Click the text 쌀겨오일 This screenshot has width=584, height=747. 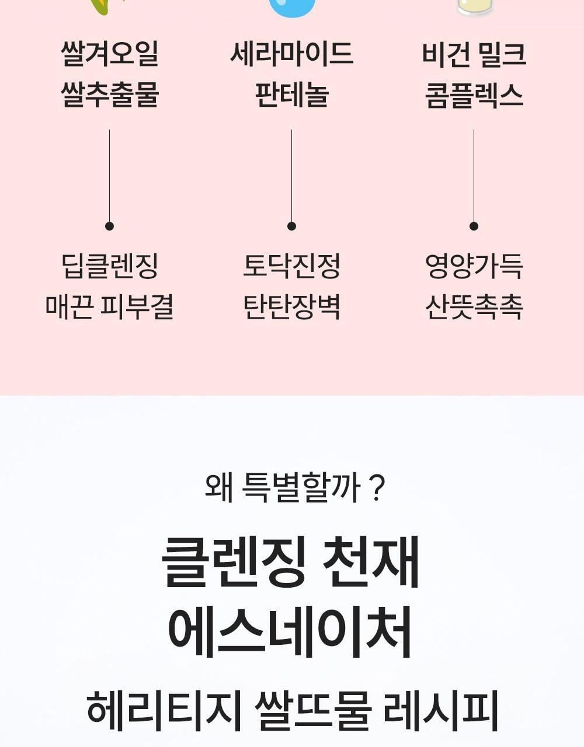tap(109, 54)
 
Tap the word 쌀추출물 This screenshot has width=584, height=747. tap(109, 95)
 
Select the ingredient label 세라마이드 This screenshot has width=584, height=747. tap(291, 54)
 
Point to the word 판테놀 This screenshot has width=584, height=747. tap(291, 95)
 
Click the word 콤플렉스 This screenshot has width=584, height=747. tap(474, 95)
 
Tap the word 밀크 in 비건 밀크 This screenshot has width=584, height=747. tap(502, 54)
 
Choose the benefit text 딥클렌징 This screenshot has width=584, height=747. tap(109, 266)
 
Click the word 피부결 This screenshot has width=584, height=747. tap(137, 306)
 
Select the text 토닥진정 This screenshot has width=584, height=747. tap(291, 266)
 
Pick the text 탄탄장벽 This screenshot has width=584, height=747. tap(291, 306)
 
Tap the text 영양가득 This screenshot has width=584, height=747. tap(474, 266)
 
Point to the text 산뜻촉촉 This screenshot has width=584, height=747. tap(474, 306)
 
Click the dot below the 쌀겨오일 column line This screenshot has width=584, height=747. tap(109, 226)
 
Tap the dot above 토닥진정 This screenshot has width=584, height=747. tap(291, 226)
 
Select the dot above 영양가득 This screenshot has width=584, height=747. tap(474, 226)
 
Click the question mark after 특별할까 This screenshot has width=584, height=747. tap(377, 488)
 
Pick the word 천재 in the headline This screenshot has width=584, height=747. tap(371, 562)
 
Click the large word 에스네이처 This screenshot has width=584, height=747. tap(290, 632)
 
